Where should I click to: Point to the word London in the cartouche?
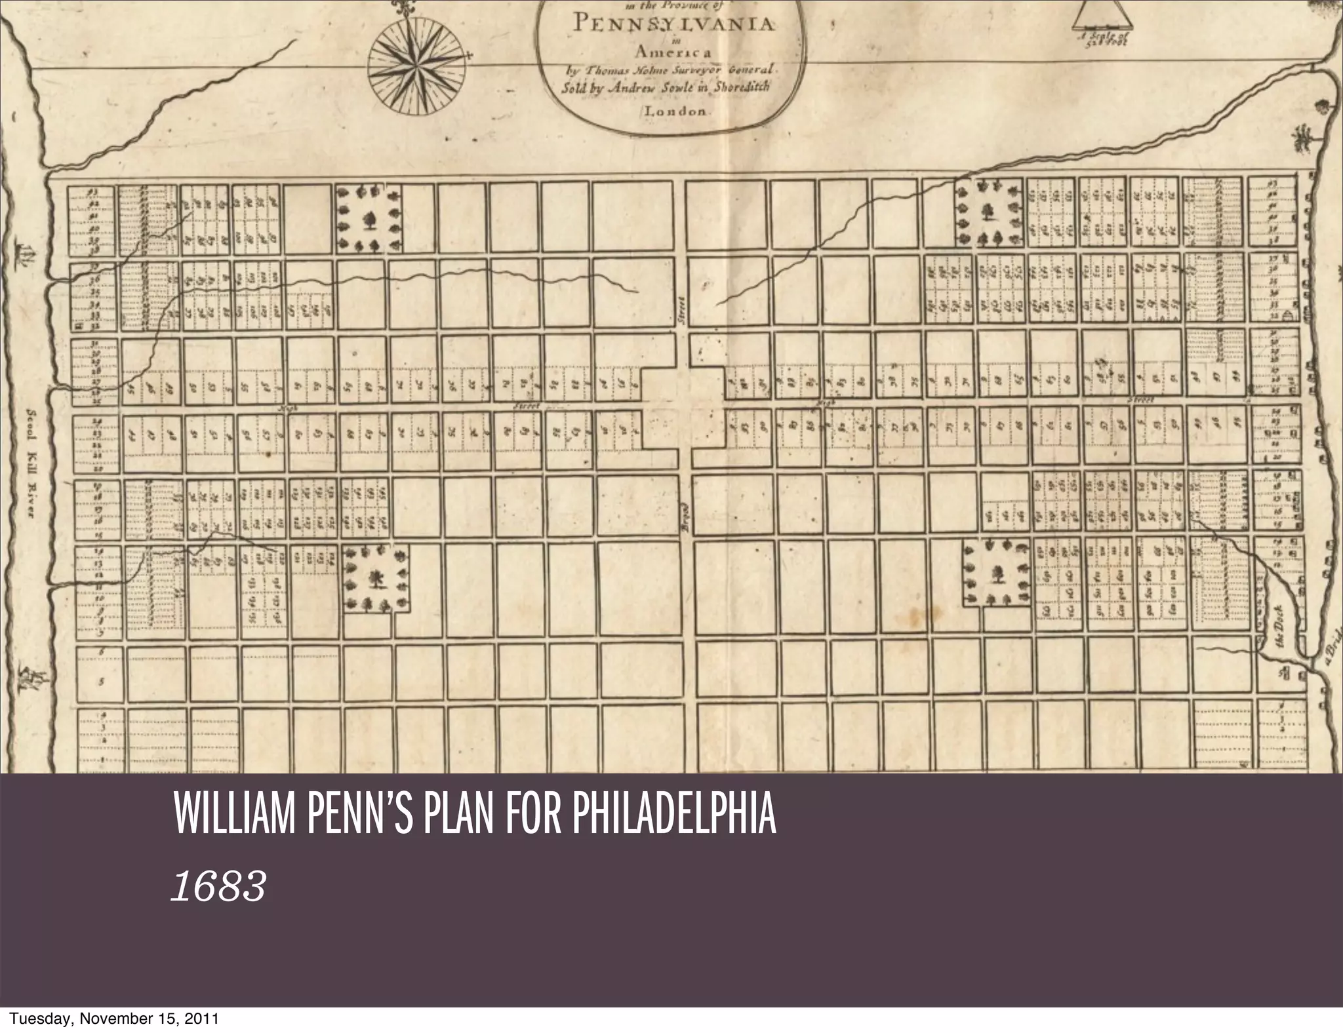tap(675, 111)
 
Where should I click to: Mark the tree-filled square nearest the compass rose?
tap(368, 217)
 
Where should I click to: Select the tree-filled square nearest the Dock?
tap(997, 573)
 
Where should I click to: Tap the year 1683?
tap(218, 887)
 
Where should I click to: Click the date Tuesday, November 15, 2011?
tap(110, 1019)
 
